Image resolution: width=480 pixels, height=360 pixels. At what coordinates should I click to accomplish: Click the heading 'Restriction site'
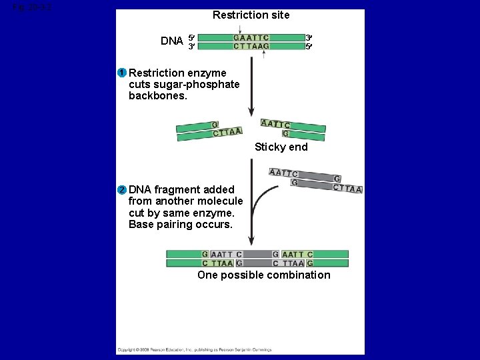pyautogui.click(x=251, y=15)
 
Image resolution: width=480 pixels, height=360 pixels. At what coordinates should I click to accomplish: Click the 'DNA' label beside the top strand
pyautogui.click(x=172, y=41)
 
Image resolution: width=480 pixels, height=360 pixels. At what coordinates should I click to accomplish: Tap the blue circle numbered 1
pyautogui.click(x=122, y=73)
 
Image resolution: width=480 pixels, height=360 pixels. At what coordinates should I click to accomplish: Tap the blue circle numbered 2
pyautogui.click(x=122, y=190)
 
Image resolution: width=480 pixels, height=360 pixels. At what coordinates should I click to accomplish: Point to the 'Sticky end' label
pyautogui.click(x=281, y=147)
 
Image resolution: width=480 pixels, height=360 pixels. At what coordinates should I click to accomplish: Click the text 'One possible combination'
pyautogui.click(x=263, y=275)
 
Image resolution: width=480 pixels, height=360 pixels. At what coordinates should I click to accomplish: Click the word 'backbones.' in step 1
pyautogui.click(x=158, y=96)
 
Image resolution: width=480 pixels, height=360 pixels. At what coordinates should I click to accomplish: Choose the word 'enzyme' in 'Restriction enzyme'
pyautogui.click(x=207, y=73)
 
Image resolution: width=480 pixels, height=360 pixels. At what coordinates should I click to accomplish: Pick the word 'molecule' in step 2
pyautogui.click(x=220, y=201)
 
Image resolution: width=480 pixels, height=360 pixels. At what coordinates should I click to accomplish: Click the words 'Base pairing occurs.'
pyautogui.click(x=181, y=225)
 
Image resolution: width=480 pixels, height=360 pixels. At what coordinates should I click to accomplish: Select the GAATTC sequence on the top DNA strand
pyautogui.click(x=251, y=38)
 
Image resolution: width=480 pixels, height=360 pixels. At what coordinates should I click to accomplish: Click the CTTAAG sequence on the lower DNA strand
pyautogui.click(x=251, y=47)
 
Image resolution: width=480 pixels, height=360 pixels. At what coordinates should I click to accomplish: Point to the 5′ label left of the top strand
pyautogui.click(x=191, y=37)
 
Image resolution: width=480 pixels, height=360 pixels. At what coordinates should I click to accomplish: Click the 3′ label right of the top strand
pyautogui.click(x=308, y=37)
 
